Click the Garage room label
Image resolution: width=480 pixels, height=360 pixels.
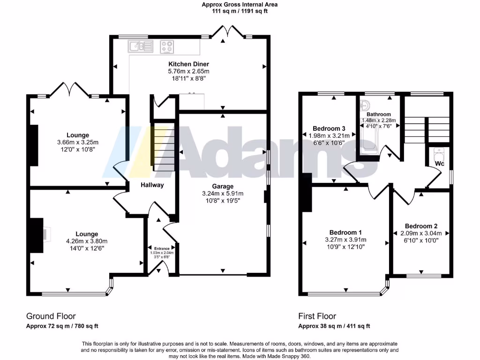223,186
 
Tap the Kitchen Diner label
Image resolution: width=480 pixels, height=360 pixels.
188,64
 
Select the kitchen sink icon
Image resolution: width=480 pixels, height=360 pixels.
140,46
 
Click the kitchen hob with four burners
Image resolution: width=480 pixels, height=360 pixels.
167,46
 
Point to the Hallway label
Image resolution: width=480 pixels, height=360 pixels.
152,185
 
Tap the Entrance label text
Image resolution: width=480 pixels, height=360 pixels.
161,248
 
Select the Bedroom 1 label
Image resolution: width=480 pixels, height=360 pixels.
345,232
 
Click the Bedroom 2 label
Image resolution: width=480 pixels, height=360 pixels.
421,225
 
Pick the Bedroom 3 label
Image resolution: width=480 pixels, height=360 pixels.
329,128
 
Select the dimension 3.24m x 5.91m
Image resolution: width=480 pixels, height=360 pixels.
223,193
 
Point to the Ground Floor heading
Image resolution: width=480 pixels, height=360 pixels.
51,316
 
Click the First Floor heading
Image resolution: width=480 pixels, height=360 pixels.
317,316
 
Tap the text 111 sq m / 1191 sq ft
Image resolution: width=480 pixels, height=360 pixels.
240,11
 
